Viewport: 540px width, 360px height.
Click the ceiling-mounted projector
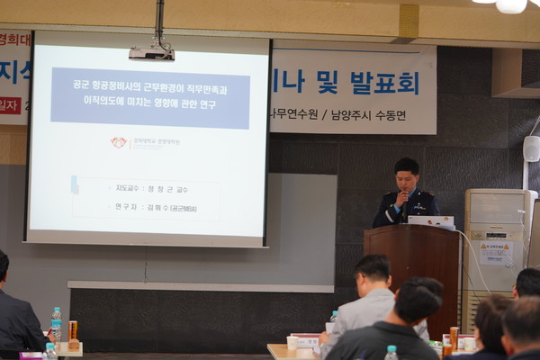click(x=151, y=53)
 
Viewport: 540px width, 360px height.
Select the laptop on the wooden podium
click(x=431, y=220)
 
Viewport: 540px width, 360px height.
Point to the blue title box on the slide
click(x=150, y=97)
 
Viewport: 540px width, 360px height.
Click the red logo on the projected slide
click(x=119, y=142)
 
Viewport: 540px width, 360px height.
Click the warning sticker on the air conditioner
click(x=494, y=252)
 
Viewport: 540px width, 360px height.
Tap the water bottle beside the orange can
click(x=56, y=324)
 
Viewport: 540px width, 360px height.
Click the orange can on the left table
click(x=73, y=333)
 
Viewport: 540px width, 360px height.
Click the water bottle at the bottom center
click(x=391, y=353)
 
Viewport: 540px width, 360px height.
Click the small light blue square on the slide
click(x=74, y=184)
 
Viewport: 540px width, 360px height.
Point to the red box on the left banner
click(x=10, y=105)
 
